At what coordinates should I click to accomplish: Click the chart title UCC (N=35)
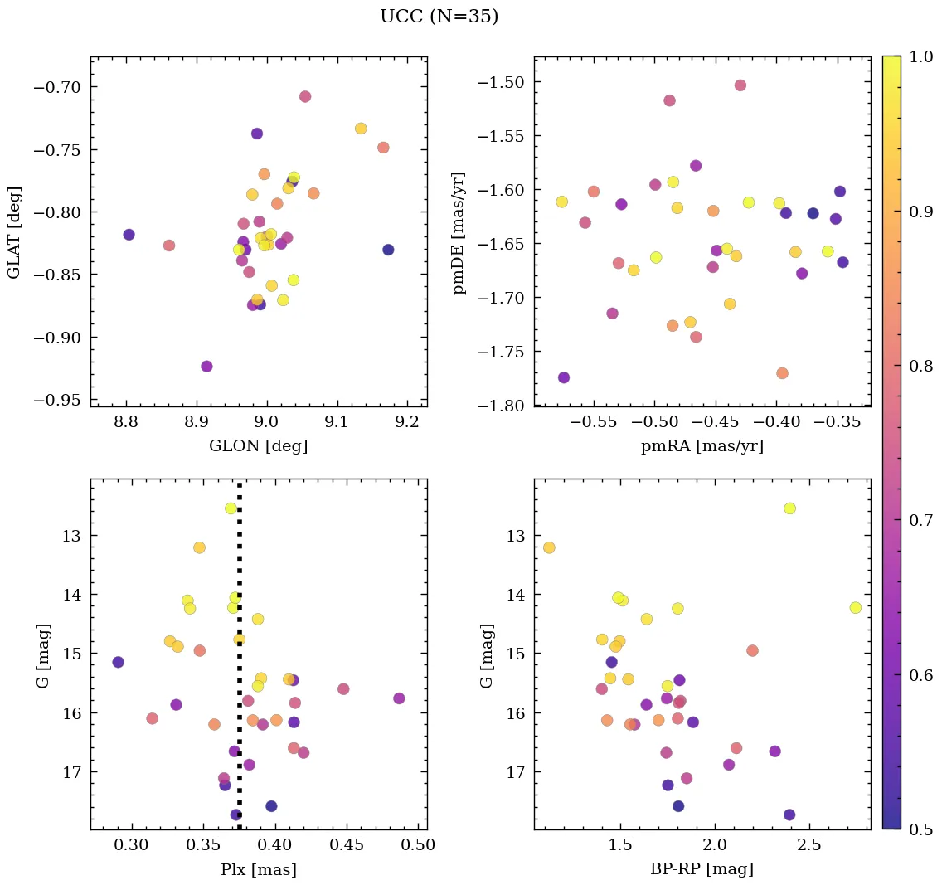(439, 17)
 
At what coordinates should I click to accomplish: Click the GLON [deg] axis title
(259, 446)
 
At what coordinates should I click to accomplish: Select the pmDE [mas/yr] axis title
(459, 234)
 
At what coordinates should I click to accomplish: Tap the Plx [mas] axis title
(259, 869)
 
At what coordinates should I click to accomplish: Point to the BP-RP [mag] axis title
(702, 869)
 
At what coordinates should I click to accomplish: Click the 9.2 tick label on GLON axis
(407, 423)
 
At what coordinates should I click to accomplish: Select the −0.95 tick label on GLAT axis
(59, 400)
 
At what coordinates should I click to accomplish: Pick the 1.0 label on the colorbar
(920, 56)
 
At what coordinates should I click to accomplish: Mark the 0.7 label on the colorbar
(920, 520)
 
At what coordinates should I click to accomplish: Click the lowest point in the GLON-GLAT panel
(206, 367)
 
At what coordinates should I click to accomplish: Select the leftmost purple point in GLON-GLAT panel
(129, 235)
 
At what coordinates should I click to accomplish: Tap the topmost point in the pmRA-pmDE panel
(740, 85)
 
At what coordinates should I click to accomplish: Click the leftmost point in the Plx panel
(118, 662)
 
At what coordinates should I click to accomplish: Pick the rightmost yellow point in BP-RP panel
(855, 608)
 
